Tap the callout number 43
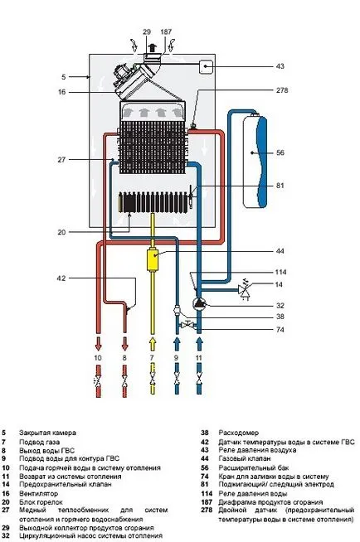(x=280, y=65)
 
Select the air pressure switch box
(x=206, y=66)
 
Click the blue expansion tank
(x=255, y=161)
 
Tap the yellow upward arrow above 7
(x=152, y=344)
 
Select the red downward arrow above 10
(x=98, y=344)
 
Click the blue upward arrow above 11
(x=199, y=344)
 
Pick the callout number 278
(x=282, y=90)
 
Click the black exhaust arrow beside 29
(x=152, y=47)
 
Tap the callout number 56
(x=280, y=152)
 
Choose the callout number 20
(x=61, y=232)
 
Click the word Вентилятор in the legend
(x=38, y=494)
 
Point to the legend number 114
(x=207, y=494)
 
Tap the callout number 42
(x=61, y=278)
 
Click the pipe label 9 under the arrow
(x=176, y=358)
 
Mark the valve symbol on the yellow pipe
(x=152, y=380)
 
